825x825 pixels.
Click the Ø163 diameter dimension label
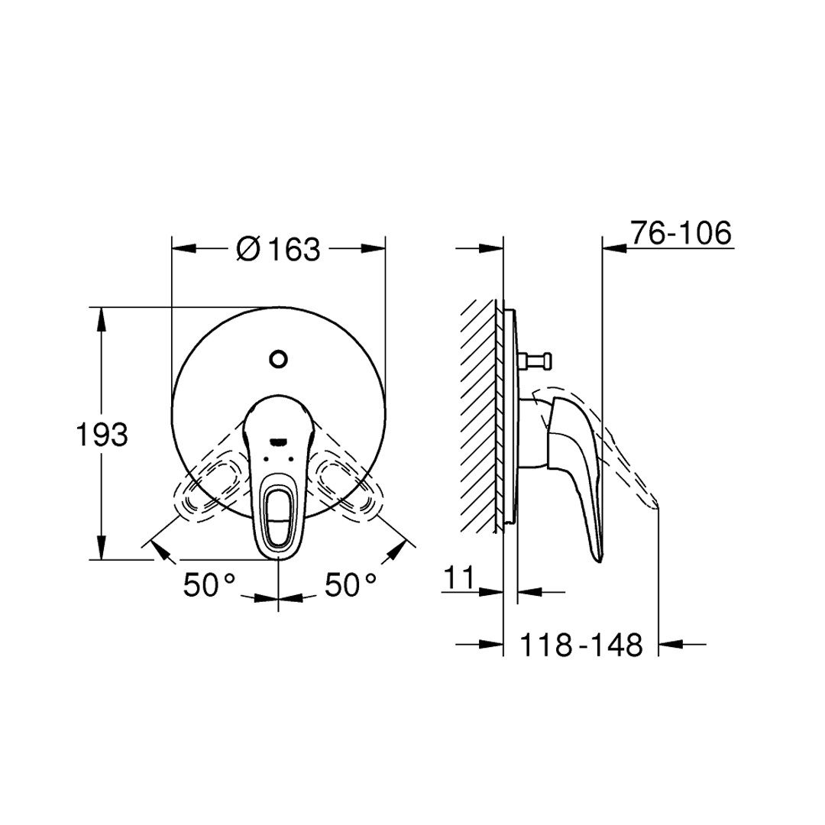pos(278,248)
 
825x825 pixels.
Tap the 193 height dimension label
pos(102,435)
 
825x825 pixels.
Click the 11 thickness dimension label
pos(459,577)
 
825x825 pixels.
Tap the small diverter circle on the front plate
pos(278,359)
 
